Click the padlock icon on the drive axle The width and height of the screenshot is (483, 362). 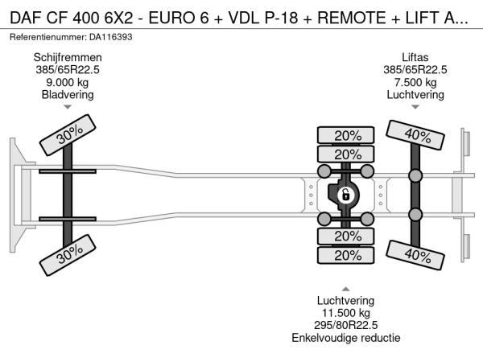[345, 195]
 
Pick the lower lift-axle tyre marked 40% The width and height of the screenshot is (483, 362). [415, 256]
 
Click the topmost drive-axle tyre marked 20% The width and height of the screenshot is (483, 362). [347, 135]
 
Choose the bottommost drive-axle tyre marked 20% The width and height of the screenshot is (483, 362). [347, 255]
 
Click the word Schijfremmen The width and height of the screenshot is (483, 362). [68, 57]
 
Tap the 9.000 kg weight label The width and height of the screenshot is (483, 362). [68, 82]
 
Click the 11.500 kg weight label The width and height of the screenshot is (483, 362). [345, 312]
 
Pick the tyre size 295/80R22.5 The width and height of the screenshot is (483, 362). [345, 325]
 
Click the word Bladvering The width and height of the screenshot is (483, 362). [68, 95]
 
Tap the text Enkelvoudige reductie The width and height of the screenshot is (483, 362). [345, 338]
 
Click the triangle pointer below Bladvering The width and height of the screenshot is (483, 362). [68, 107]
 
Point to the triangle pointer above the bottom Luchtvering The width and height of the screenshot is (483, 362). [345, 288]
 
